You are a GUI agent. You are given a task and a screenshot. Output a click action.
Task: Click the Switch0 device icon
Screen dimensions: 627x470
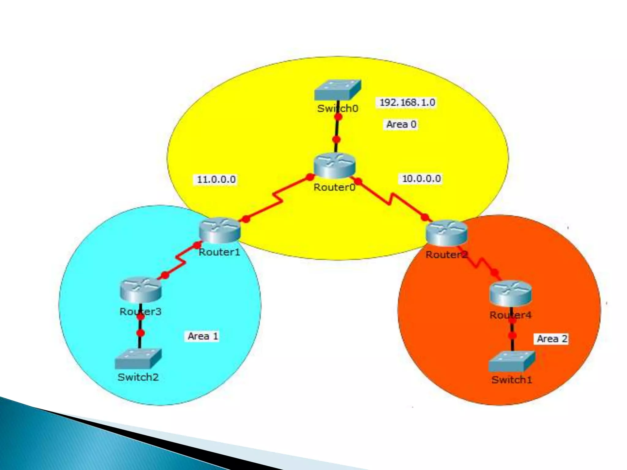tap(338, 90)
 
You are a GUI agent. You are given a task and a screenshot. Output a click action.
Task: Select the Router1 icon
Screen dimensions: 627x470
tap(220, 229)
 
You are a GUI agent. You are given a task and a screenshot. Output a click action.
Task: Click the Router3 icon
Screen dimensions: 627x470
tap(141, 289)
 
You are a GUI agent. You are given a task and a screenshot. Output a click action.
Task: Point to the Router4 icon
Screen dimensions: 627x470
tap(510, 293)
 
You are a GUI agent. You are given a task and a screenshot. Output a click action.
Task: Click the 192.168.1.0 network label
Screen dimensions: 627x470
tap(407, 103)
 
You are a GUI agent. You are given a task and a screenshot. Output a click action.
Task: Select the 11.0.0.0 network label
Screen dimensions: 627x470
tap(216, 179)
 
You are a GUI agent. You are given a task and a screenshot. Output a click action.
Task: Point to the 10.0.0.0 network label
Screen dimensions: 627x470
tap(421, 179)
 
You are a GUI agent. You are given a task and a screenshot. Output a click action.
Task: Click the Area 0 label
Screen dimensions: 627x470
tap(401, 124)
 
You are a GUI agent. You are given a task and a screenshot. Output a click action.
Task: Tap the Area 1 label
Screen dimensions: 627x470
tap(203, 336)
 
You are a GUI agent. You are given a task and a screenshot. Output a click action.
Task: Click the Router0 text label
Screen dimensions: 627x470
tap(334, 187)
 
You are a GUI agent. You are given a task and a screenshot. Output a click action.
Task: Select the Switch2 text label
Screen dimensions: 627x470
tap(138, 377)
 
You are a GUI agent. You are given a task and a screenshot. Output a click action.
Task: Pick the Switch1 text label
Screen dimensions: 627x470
tap(512, 380)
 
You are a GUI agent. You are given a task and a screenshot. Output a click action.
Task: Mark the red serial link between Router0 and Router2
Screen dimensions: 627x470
tap(391, 199)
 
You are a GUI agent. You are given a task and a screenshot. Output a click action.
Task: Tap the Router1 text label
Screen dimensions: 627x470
tap(219, 252)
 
